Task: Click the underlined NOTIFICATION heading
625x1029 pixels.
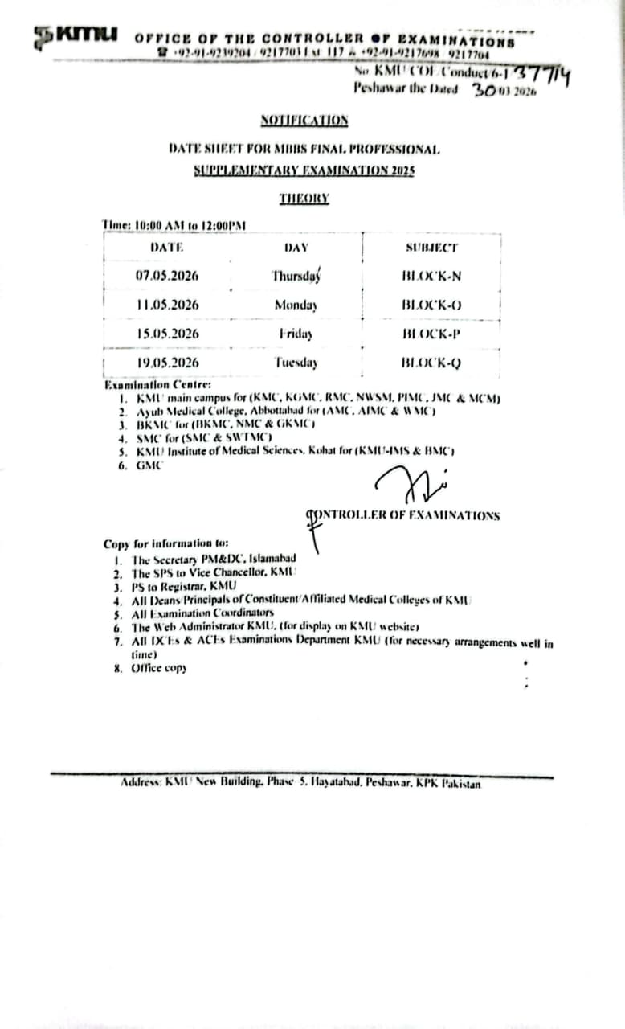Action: pyautogui.click(x=304, y=121)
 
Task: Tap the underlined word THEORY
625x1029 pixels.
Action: pyautogui.click(x=304, y=198)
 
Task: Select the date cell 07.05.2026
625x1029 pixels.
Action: pyautogui.click(x=167, y=276)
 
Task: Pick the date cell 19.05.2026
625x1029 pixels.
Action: pyautogui.click(x=167, y=363)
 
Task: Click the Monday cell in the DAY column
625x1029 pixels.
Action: pyautogui.click(x=295, y=305)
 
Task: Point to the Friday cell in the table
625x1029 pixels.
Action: pyautogui.click(x=296, y=334)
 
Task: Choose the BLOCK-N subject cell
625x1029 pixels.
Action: pyautogui.click(x=431, y=276)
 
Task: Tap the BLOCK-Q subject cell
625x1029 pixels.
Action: pyautogui.click(x=431, y=363)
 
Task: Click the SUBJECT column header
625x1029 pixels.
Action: pyautogui.click(x=431, y=248)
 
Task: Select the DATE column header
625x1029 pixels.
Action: pyautogui.click(x=167, y=248)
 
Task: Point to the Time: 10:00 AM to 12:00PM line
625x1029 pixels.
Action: pyautogui.click(x=174, y=226)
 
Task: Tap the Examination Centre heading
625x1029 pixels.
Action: pyautogui.click(x=157, y=385)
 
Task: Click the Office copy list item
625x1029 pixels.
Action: pyautogui.click(x=158, y=668)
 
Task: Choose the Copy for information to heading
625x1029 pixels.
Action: pyautogui.click(x=166, y=544)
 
